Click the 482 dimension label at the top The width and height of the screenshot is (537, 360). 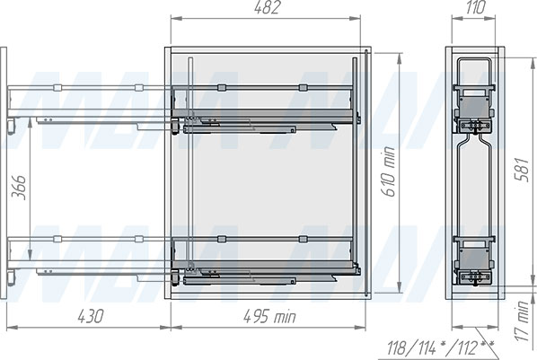click(x=267, y=7)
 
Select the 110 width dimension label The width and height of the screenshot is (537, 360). click(x=475, y=7)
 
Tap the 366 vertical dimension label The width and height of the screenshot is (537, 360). click(x=19, y=188)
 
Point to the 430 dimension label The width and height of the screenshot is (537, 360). click(x=90, y=316)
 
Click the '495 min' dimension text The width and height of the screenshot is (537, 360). click(x=269, y=316)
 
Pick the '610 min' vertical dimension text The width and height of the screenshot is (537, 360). click(x=388, y=171)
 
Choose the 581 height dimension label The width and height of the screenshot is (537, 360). click(x=521, y=169)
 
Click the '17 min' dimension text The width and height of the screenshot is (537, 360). click(x=523, y=321)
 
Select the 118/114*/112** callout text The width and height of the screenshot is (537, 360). click(x=441, y=348)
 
